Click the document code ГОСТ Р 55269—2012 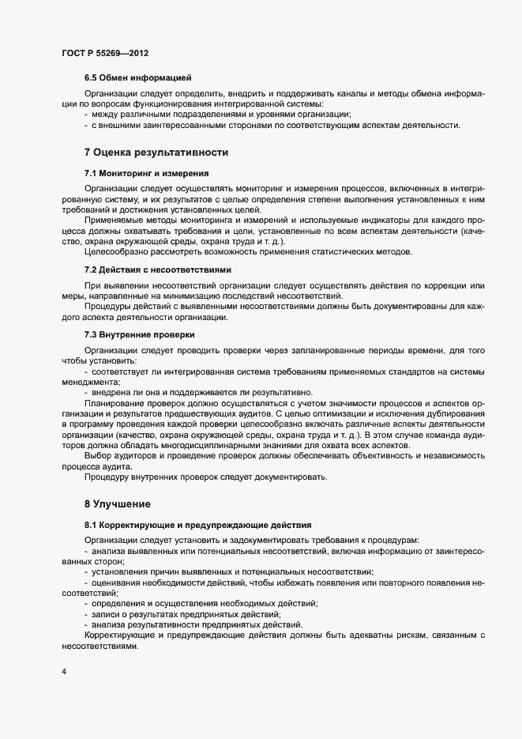pyautogui.click(x=104, y=53)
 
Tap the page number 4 pyautogui.click(x=63, y=672)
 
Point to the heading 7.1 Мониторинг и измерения pyautogui.click(x=146, y=172)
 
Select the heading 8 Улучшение pyautogui.click(x=118, y=503)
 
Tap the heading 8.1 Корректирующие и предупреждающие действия pyautogui.click(x=198, y=524)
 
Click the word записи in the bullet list pyautogui.click(x=107, y=614)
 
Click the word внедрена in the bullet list pyautogui.click(x=112, y=392)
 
